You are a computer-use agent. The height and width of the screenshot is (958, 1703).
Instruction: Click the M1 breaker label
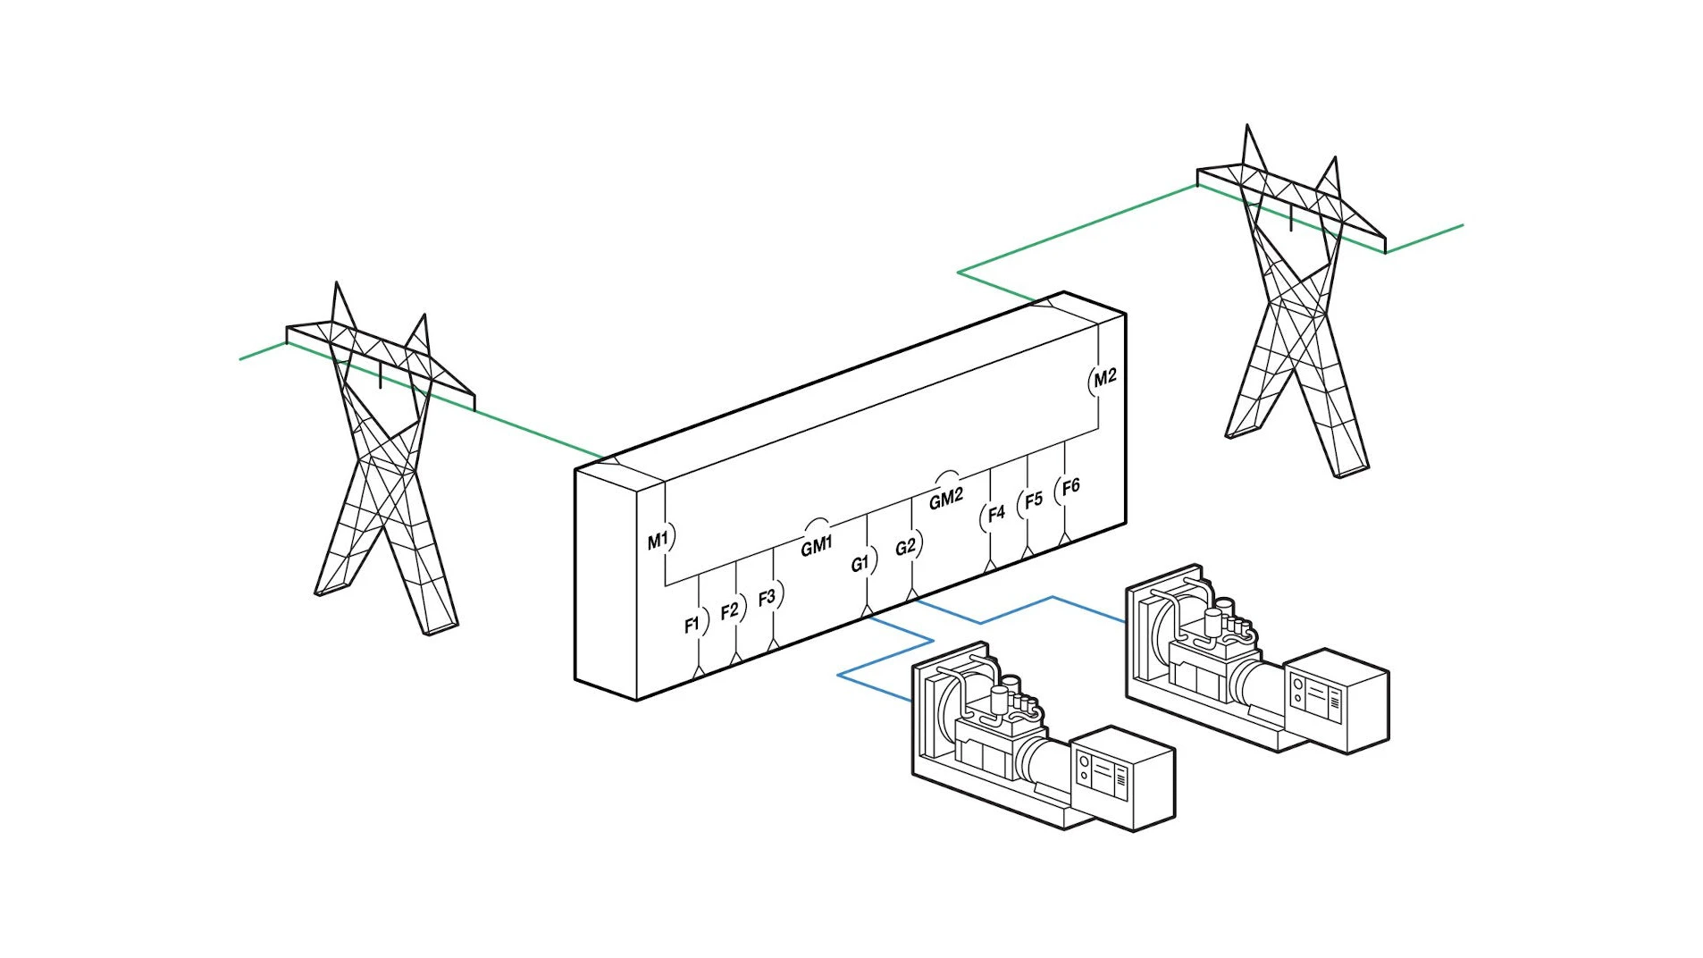pos(657,541)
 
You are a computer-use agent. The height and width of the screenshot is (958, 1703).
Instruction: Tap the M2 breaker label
pos(1105,377)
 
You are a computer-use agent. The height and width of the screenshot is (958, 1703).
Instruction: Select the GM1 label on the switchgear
pos(816,545)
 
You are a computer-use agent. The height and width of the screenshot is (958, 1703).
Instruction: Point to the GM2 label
pos(945,498)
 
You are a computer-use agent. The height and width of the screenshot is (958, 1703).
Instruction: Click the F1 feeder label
pos(692,625)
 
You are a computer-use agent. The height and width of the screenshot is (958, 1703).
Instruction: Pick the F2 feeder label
pos(729,610)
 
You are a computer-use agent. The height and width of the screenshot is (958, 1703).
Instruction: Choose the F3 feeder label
pos(767,597)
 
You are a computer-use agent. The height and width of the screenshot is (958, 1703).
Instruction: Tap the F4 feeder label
pos(995,513)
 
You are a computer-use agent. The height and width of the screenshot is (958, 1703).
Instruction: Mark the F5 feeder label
pos(1033,500)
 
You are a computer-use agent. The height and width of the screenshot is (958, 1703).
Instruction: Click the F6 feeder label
pos(1070,486)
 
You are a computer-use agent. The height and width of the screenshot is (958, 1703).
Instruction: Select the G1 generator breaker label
pos(860,563)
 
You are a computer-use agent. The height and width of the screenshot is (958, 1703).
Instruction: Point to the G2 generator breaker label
pos(905,546)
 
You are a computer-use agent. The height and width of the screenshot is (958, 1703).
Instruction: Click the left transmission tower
pos(384,465)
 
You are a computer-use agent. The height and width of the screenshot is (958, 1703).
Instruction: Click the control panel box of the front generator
pos(1121,777)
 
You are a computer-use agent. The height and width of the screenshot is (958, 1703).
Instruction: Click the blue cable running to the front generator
pos(885,657)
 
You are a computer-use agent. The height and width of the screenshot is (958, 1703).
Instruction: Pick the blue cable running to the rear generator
pos(1019,609)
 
